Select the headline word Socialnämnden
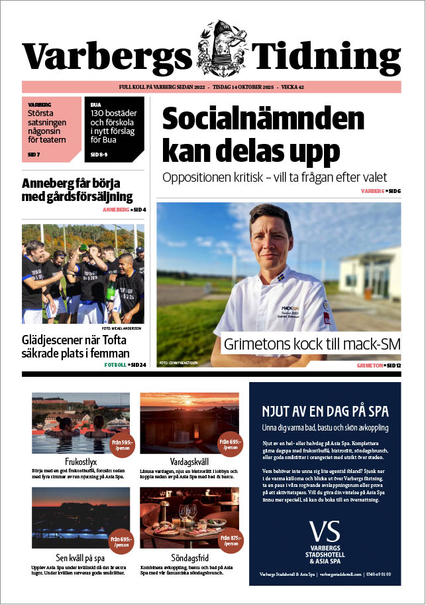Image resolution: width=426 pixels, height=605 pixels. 263,119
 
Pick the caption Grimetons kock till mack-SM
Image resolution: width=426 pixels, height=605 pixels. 312,344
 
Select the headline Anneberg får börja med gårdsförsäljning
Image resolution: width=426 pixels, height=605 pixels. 78,190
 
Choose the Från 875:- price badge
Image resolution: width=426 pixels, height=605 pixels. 229,542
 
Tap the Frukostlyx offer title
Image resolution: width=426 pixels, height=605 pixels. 72,461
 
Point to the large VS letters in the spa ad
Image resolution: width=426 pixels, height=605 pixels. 325,530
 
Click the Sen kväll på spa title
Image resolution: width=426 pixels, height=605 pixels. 72,559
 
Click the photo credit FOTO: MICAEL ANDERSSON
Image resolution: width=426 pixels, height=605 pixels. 123,328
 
